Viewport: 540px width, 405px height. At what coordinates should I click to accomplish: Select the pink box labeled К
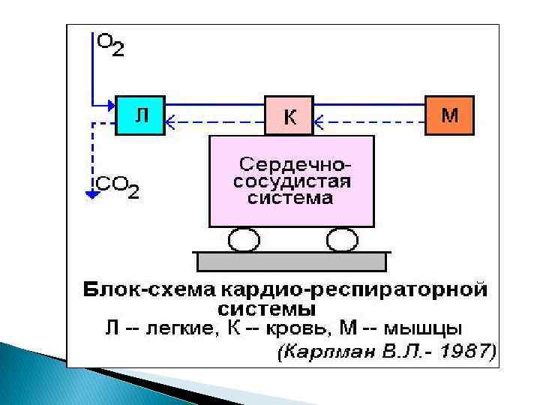[x=289, y=116]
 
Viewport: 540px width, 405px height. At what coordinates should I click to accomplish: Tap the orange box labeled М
[x=449, y=115]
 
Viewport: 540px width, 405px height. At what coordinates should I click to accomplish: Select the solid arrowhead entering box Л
[x=110, y=104]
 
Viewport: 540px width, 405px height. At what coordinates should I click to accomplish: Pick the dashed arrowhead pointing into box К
[x=319, y=118]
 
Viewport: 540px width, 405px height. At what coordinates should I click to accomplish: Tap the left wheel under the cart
[x=241, y=240]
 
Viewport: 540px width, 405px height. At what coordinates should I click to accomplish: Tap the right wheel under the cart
[x=342, y=240]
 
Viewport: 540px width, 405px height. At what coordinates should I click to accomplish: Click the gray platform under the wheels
[x=291, y=261]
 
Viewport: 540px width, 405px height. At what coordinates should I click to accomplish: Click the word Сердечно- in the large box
[x=295, y=163]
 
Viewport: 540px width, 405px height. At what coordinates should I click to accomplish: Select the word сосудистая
[x=292, y=181]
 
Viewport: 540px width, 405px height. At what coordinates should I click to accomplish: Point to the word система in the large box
[x=290, y=198]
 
